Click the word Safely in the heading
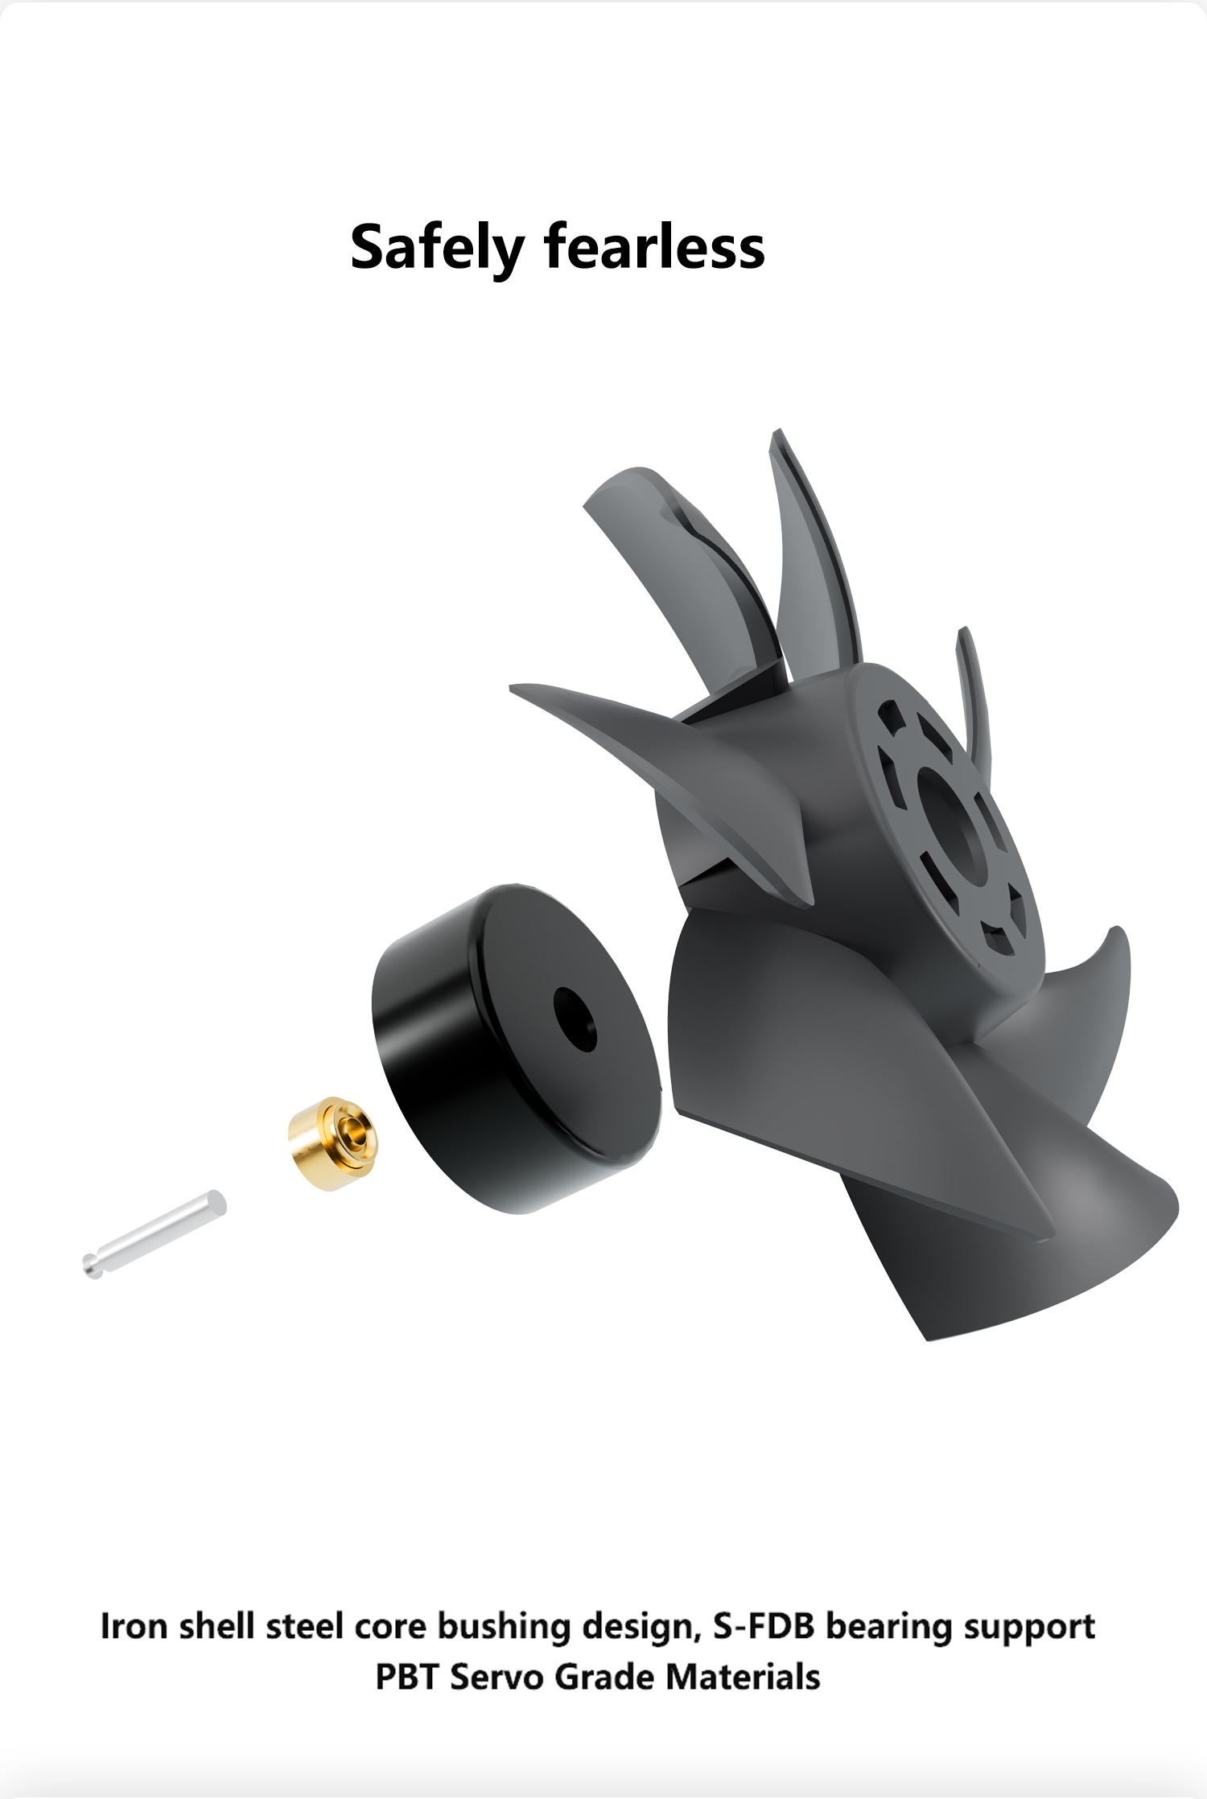[x=437, y=247]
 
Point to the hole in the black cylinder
[x=575, y=1019]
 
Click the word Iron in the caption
[x=134, y=1626]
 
